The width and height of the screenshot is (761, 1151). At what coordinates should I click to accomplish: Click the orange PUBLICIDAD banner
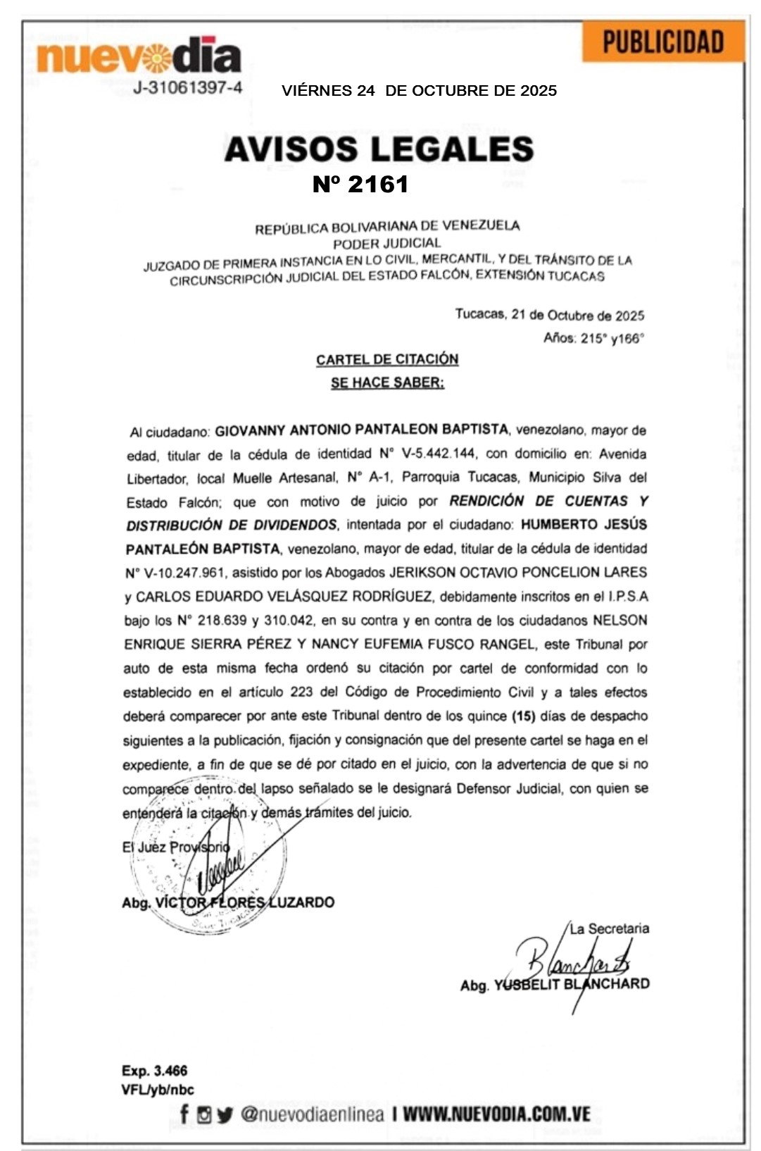pyautogui.click(x=663, y=42)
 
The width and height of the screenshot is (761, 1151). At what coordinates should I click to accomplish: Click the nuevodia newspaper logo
pyautogui.click(x=139, y=56)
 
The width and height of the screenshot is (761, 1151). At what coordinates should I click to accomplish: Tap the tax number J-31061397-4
pyautogui.click(x=188, y=88)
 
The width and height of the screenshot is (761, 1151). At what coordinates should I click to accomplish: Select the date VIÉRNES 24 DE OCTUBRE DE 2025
pyautogui.click(x=419, y=91)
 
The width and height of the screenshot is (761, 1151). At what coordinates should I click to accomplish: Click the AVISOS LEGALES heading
pyautogui.click(x=379, y=149)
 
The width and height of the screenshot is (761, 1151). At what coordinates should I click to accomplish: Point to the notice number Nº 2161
pyautogui.click(x=360, y=185)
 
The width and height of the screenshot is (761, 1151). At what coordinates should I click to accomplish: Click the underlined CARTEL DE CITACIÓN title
pyautogui.click(x=387, y=359)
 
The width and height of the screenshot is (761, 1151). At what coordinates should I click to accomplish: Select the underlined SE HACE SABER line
pyautogui.click(x=387, y=382)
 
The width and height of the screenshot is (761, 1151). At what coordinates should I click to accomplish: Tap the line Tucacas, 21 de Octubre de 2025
pyautogui.click(x=549, y=315)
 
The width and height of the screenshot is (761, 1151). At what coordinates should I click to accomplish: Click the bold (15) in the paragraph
pyautogui.click(x=522, y=716)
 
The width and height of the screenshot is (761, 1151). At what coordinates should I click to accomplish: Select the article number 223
pyautogui.click(x=301, y=692)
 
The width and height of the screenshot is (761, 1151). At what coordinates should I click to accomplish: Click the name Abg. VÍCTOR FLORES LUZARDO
pyautogui.click(x=228, y=902)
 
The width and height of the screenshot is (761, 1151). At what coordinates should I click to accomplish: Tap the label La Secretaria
pyautogui.click(x=609, y=928)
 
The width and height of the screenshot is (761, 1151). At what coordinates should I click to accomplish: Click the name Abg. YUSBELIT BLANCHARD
pyautogui.click(x=555, y=984)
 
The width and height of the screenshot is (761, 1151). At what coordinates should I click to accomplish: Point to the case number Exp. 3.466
pyautogui.click(x=155, y=1071)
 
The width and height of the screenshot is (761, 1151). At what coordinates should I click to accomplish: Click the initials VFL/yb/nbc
pyautogui.click(x=158, y=1089)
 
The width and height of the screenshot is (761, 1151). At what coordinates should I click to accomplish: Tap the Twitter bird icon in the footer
pyautogui.click(x=225, y=1115)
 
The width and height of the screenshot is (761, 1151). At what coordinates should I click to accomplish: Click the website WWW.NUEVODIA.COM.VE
pyautogui.click(x=496, y=1114)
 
